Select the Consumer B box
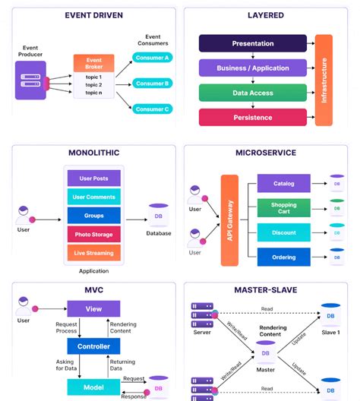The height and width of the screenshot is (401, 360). click(x=152, y=83)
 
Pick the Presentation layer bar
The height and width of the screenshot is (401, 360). click(x=252, y=43)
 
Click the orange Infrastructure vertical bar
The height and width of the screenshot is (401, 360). click(x=324, y=80)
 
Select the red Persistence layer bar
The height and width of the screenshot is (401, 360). click(x=252, y=117)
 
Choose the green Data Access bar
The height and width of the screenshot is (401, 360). click(x=252, y=93)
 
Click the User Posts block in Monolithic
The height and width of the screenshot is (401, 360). click(x=94, y=179)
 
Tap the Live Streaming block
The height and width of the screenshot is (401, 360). click(x=94, y=253)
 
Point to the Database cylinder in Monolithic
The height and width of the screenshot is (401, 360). click(x=158, y=216)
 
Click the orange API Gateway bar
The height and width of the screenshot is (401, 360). click(x=230, y=220)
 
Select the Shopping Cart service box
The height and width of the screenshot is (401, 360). click(x=283, y=208)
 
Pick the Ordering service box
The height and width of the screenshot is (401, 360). click(x=283, y=257)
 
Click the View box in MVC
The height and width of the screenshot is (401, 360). click(x=93, y=309)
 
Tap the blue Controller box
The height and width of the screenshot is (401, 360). click(x=93, y=346)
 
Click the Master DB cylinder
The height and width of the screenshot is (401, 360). click(x=265, y=355)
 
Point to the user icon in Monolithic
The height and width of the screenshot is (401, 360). click(x=24, y=213)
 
